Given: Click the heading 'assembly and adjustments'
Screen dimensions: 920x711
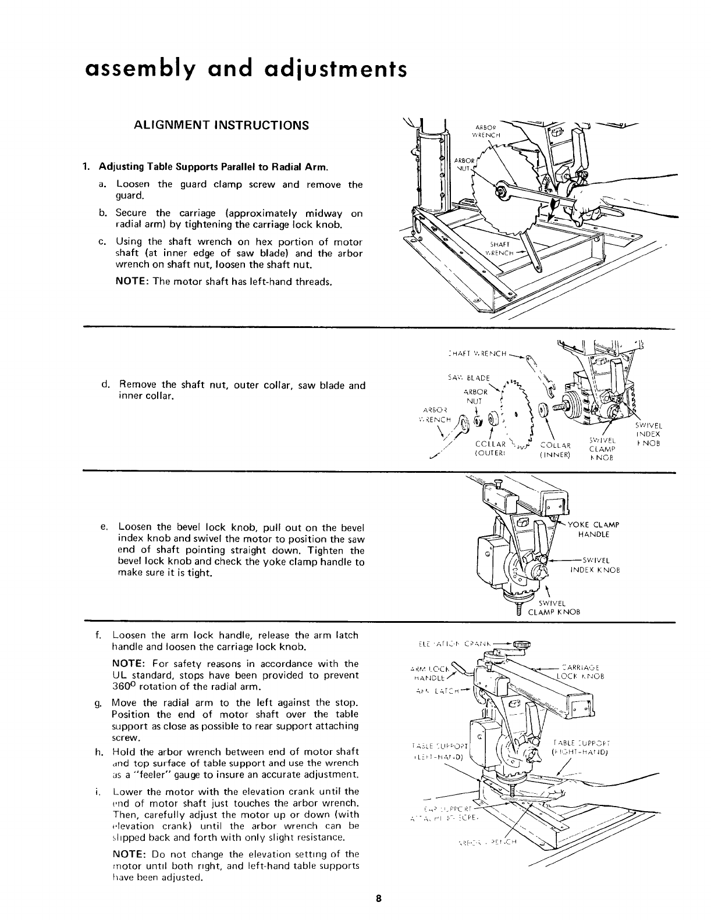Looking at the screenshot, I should [x=244, y=69].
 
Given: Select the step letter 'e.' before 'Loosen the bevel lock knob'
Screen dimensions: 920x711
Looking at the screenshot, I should [x=105, y=527].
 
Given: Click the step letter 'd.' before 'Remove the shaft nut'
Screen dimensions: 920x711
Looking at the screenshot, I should [x=105, y=384].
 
